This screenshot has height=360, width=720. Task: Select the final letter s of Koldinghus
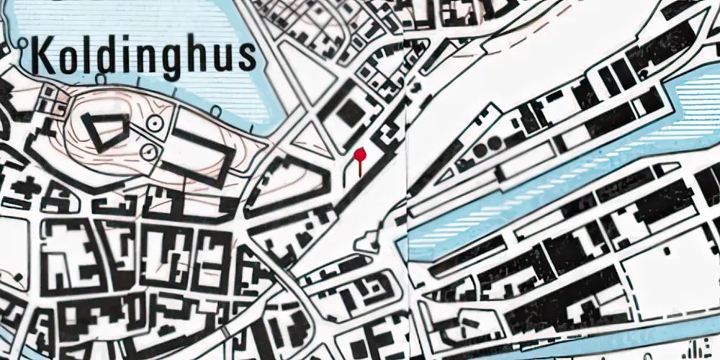[247, 56]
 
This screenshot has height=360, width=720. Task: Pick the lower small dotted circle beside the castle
[148, 151]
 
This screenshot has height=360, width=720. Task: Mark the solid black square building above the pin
[351, 112]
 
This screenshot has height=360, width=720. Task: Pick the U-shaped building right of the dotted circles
[205, 155]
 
